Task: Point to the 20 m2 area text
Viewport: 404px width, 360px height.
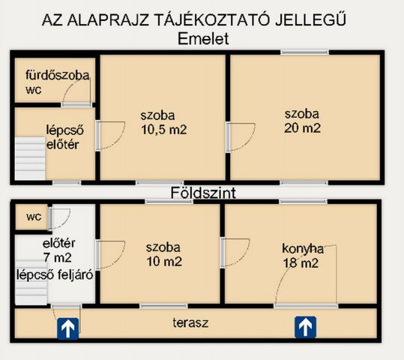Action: point(302,127)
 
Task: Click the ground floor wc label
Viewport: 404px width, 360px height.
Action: point(33,217)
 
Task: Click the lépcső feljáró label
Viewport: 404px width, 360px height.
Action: point(55,274)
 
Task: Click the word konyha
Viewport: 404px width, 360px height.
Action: point(302,248)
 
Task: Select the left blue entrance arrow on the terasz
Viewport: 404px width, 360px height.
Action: point(68,327)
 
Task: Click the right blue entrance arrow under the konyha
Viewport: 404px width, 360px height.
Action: point(304,326)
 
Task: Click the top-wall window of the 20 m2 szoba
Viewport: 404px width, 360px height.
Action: point(304,52)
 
